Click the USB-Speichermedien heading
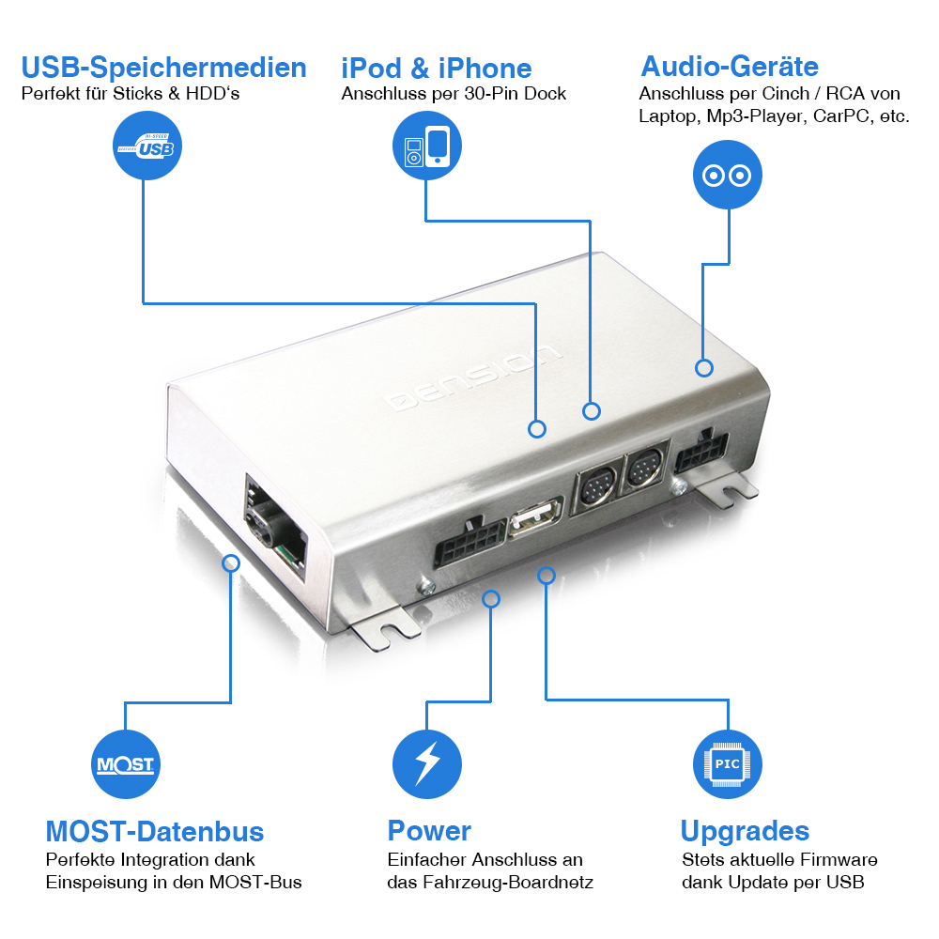tap(163, 68)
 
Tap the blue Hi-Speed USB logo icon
tap(147, 146)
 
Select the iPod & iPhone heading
tap(436, 68)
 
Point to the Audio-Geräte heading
tap(730, 66)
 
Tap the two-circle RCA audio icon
tap(727, 175)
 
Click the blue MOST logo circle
tap(126, 763)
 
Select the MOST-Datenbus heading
tap(154, 831)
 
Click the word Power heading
tap(429, 831)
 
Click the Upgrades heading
tap(745, 831)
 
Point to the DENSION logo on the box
tap(476, 377)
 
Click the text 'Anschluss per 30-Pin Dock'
tap(454, 94)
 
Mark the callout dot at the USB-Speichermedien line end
tap(537, 429)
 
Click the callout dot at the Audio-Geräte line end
tap(704, 368)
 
